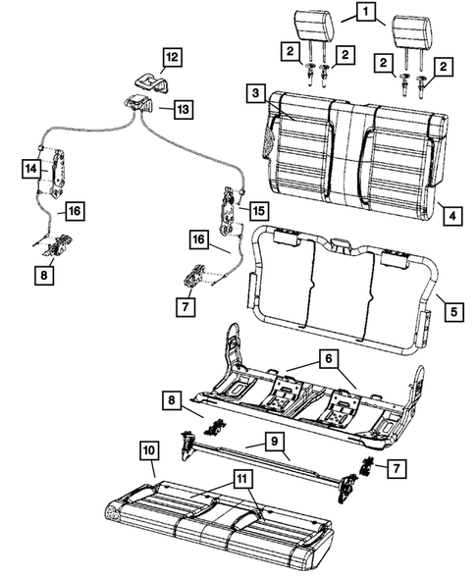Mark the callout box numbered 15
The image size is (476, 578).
(x=259, y=211)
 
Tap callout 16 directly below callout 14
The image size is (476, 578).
(x=73, y=210)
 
